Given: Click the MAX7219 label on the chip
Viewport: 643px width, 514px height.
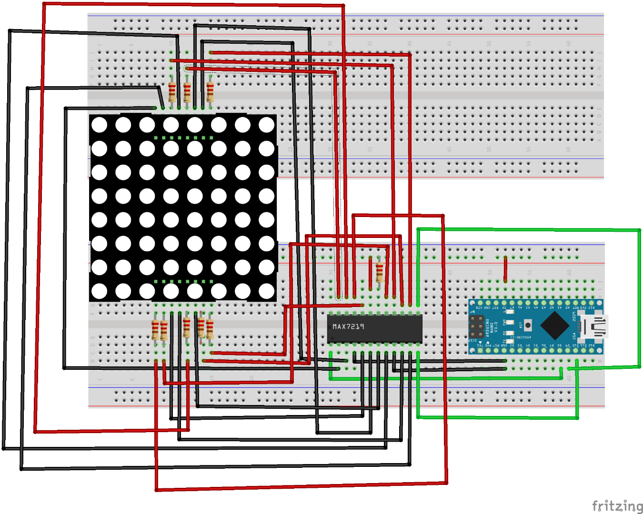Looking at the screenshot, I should (x=348, y=326).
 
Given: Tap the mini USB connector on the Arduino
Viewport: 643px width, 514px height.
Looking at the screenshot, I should (x=593, y=326).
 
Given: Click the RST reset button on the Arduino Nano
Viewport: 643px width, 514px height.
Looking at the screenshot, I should (x=528, y=325).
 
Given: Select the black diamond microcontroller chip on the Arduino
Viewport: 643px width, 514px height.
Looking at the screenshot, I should (x=555, y=326).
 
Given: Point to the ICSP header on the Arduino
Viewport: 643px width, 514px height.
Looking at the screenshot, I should (x=476, y=326).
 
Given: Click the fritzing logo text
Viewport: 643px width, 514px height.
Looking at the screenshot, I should (x=617, y=505).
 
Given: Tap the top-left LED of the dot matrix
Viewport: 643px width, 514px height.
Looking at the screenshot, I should (x=99, y=125).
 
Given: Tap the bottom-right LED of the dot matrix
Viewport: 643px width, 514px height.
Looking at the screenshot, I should (x=266, y=291).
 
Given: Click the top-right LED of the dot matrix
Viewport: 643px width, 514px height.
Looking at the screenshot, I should (x=266, y=125).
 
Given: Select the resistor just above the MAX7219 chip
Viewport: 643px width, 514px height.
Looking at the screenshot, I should (x=379, y=272).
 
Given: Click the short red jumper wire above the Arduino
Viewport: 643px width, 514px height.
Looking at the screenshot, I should (x=505, y=269).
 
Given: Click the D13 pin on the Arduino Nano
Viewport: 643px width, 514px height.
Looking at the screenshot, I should (x=591, y=303).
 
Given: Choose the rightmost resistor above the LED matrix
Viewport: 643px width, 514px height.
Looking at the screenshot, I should (x=210, y=92).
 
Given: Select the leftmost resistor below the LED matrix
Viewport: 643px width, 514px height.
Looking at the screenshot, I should (x=155, y=329).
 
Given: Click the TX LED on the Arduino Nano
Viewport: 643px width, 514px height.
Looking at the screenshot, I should (x=510, y=341).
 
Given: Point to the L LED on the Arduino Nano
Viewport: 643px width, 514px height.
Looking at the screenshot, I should (x=510, y=312).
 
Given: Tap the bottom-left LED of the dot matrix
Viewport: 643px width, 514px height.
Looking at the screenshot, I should (x=99, y=291).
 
